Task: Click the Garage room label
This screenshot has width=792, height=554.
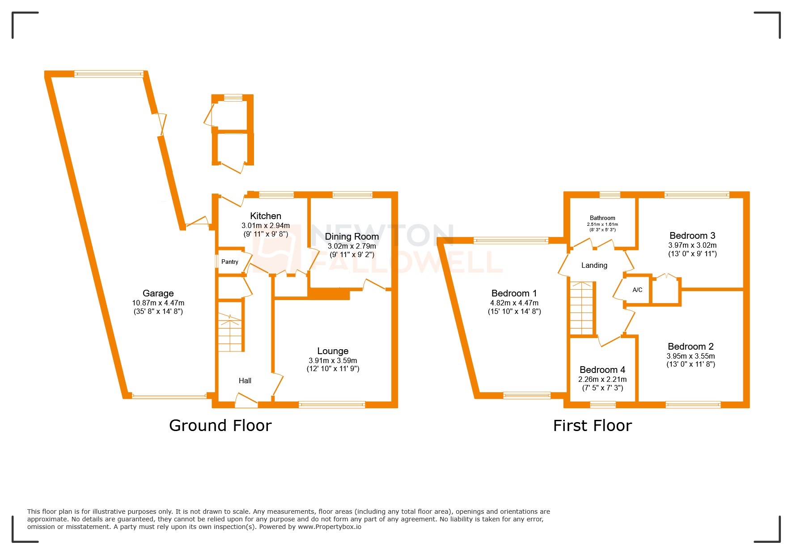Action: tap(158, 293)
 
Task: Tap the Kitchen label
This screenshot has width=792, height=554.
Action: tap(265, 216)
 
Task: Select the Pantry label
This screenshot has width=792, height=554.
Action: tap(229, 262)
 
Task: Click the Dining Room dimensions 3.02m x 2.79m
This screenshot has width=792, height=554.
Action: tap(352, 246)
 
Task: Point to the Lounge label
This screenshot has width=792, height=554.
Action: tap(333, 351)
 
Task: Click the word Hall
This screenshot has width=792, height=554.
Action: tap(245, 381)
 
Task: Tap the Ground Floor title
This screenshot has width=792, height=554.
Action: tap(220, 426)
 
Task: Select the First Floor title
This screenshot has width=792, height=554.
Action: tap(592, 426)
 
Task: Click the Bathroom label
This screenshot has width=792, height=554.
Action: tap(602, 218)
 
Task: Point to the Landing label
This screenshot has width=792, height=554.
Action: tap(594, 266)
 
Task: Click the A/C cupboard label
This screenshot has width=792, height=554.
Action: tap(637, 290)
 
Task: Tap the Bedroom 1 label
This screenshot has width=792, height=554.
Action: tap(514, 293)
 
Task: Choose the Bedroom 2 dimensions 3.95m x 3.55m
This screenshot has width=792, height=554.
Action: tap(690, 356)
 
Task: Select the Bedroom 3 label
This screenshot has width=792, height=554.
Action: tap(692, 236)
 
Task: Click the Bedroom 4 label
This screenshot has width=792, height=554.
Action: tap(602, 370)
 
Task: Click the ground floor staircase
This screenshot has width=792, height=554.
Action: tap(230, 333)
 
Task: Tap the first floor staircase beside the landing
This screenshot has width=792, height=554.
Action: tap(581, 309)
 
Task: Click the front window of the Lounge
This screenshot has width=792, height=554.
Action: tap(332, 405)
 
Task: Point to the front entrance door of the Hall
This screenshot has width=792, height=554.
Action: tap(246, 400)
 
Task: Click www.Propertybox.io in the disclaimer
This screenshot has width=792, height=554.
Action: tap(330, 527)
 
